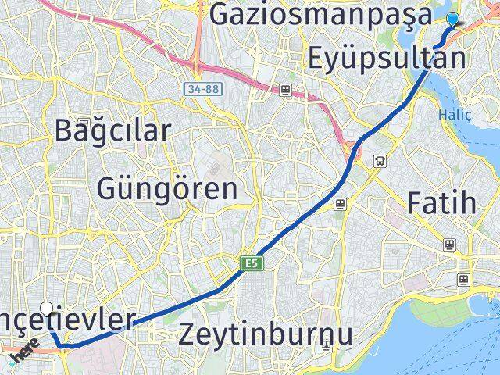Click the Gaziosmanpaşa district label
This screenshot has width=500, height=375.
[320, 14]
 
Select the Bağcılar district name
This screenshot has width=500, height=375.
[112, 130]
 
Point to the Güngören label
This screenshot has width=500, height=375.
[167, 188]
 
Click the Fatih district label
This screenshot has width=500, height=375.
[441, 203]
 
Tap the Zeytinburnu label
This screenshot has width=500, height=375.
[266, 334]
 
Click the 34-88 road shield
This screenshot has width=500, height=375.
[202, 89]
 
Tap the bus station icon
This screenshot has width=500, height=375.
[380, 162]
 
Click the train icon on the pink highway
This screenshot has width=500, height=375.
[286, 90]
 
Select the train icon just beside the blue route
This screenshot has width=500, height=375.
[340, 204]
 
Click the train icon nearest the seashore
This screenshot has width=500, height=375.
[464, 278]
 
